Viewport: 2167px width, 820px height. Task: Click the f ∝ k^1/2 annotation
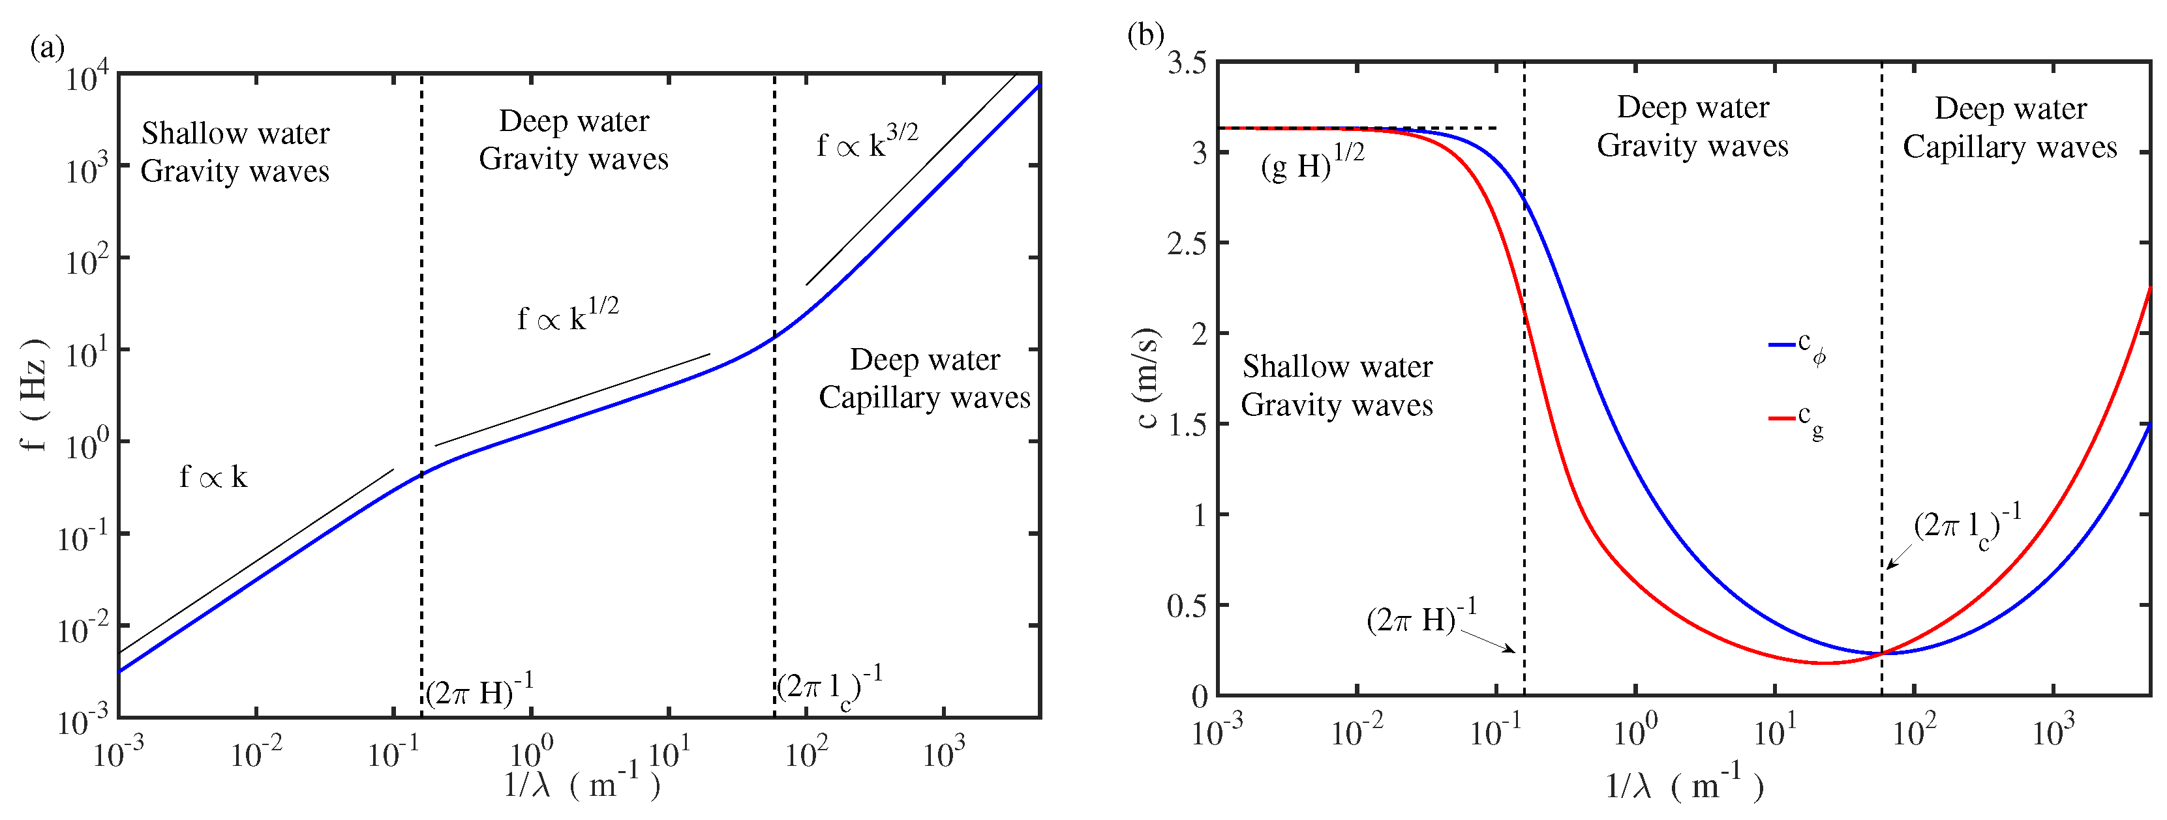(568, 316)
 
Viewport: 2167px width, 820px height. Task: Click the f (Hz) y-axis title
(34, 395)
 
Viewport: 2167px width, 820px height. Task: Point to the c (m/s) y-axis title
(1147, 379)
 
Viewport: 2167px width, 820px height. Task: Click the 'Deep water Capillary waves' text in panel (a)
(924, 379)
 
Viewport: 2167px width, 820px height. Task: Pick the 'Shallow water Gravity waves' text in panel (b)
(1337, 386)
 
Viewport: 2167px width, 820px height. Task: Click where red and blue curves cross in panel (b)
(1882, 654)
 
